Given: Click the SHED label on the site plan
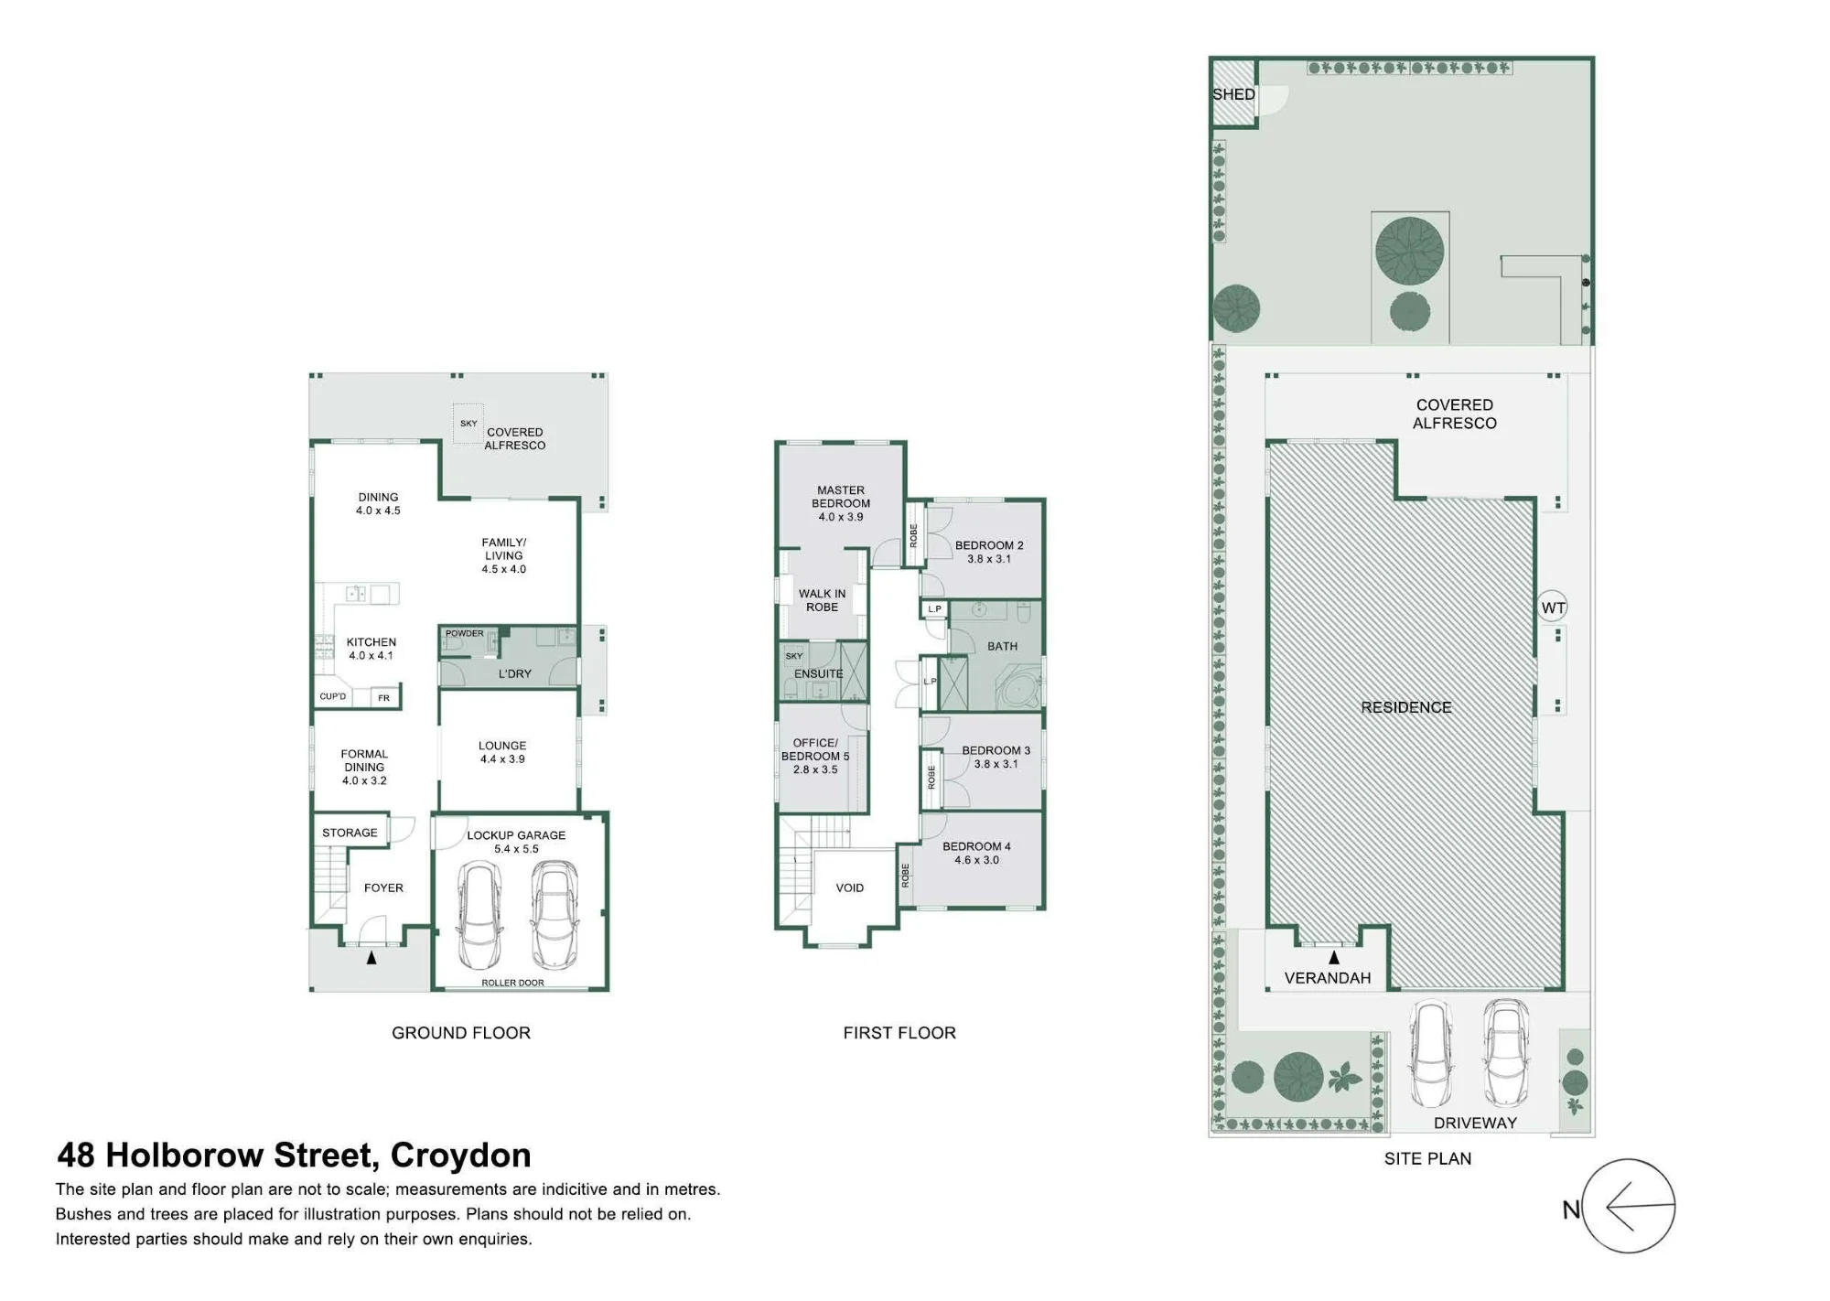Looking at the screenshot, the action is tap(1233, 94).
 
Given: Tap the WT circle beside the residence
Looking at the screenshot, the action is tap(1553, 607).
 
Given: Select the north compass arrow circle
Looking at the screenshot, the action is tap(1629, 1207).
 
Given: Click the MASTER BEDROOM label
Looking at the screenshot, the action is tap(841, 497).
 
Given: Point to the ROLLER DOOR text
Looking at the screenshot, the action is tap(512, 983).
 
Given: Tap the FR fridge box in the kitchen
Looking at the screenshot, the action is tap(384, 697).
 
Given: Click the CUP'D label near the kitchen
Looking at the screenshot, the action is tap(333, 696).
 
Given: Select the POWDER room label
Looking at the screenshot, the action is tap(465, 633).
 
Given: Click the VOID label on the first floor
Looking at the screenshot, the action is tap(850, 887).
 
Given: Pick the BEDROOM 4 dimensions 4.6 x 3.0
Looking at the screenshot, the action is tap(977, 860).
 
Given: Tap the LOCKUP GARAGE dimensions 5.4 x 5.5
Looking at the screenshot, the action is tap(516, 849).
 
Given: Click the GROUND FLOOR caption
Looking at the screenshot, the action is tap(461, 1033).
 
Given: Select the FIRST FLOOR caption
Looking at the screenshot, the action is tap(899, 1033).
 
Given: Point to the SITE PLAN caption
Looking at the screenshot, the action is tap(1427, 1158).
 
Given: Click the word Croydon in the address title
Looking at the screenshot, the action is tap(460, 1156).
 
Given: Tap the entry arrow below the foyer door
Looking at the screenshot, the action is tap(371, 958).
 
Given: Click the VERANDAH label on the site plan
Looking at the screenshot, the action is tap(1328, 978).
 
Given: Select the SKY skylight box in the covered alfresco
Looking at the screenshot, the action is tap(468, 423).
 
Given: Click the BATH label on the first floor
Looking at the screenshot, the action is tap(1003, 646).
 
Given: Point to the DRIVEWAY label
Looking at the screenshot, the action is tap(1475, 1123).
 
